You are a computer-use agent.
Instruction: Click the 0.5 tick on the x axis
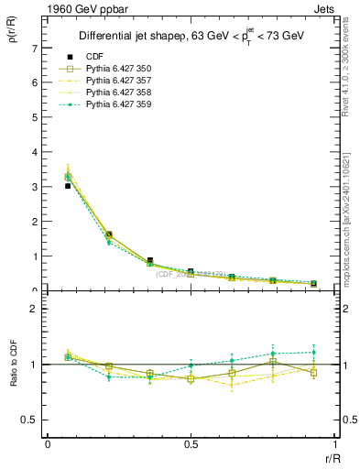point(191,443)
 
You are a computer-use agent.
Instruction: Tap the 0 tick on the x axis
point(48,443)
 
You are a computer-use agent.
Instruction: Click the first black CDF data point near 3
point(68,186)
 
